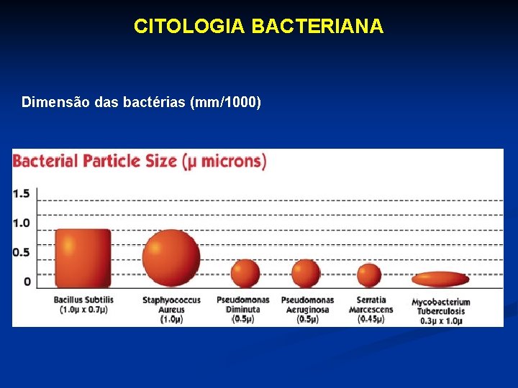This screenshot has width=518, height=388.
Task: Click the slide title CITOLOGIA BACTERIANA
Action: pyautogui.click(x=258, y=27)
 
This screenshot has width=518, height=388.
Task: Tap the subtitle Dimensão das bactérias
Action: pyautogui.click(x=141, y=102)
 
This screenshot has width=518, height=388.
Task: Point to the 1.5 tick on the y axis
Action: pyautogui.click(x=21, y=193)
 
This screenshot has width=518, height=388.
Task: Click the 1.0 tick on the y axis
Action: pyautogui.click(x=21, y=222)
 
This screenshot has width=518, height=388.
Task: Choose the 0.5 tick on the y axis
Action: pyautogui.click(x=21, y=251)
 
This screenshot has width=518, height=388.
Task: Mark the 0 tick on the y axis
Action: pyautogui.click(x=27, y=281)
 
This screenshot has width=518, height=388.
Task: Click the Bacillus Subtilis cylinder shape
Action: pyautogui.click(x=83, y=257)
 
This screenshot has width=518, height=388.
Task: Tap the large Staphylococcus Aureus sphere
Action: pyautogui.click(x=171, y=257)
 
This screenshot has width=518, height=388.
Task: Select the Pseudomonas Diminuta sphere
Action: pyautogui.click(x=245, y=273)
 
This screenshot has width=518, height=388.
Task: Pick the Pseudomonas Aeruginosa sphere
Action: pyautogui.click(x=306, y=273)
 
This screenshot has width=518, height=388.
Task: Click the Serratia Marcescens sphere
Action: pyautogui.click(x=369, y=274)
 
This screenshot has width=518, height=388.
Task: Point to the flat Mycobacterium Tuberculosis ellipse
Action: pyautogui.click(x=440, y=279)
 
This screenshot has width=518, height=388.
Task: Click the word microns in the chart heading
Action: pyautogui.click(x=231, y=160)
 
